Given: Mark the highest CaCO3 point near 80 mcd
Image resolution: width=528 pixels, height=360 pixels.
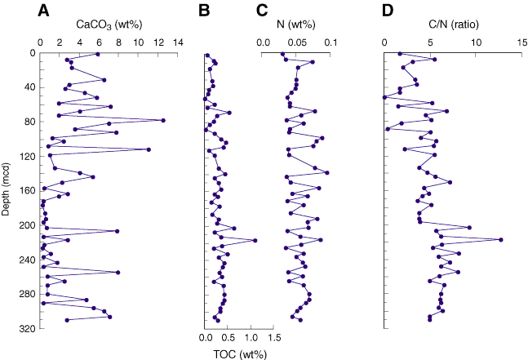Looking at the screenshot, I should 163,121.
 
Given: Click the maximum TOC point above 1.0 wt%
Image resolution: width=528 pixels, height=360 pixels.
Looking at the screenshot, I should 255,240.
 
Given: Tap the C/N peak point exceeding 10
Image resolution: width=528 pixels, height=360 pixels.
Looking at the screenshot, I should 500,239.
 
